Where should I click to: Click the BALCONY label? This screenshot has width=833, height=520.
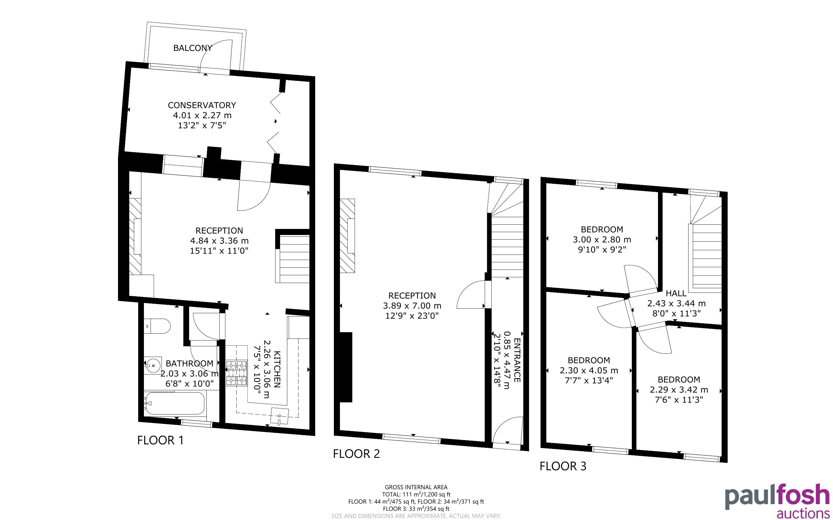pos(193,48)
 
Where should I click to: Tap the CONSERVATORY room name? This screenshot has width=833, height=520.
pos(202,105)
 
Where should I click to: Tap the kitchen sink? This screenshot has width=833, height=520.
pos(279,417)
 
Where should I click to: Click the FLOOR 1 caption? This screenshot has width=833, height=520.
pos(160,440)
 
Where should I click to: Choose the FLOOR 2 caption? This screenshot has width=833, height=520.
pos(356,454)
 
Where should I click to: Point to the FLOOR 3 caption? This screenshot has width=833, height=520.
pos(563,466)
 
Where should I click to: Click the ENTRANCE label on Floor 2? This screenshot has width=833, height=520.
pos(517,360)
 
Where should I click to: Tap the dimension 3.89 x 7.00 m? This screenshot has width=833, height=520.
pos(412,305)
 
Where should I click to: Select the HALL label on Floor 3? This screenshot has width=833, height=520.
pos(676,293)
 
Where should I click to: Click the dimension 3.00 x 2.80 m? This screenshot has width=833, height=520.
pos(602,239)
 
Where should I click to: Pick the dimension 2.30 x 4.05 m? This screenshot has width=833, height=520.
pos(589,370)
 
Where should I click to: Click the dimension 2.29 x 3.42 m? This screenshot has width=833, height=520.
pos(679,390)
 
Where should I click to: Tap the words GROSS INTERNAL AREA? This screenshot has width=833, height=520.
pos(416,487)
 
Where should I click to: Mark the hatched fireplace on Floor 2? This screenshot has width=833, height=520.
pos(347,236)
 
